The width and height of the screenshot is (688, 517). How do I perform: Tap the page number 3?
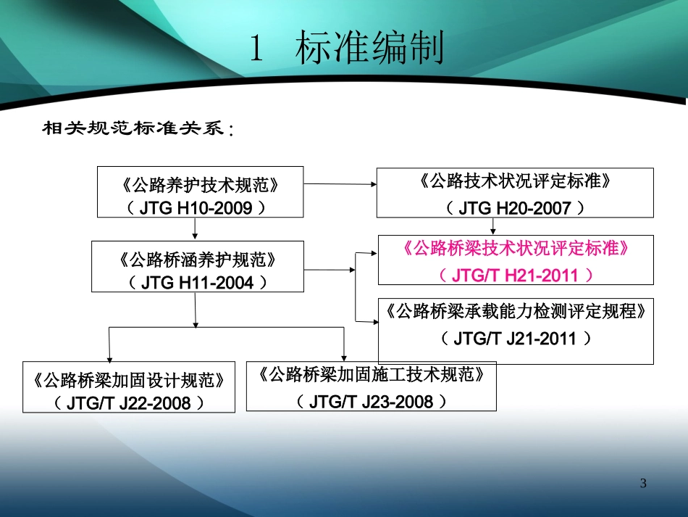(643, 484)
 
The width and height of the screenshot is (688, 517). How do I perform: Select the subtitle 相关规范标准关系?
(138, 129)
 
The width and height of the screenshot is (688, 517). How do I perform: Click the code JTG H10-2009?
(201, 208)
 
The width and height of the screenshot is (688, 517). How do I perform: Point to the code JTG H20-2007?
(515, 208)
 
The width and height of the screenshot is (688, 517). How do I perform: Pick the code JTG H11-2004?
(196, 282)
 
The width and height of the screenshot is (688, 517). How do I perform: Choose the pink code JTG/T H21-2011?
(515, 276)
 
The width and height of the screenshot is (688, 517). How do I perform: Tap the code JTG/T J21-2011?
(515, 339)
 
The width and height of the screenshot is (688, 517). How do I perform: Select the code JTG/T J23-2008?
(371, 402)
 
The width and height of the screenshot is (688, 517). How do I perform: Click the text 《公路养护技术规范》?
(201, 185)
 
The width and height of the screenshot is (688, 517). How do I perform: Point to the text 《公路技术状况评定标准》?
(515, 181)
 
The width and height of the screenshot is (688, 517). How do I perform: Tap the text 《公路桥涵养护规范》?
(196, 259)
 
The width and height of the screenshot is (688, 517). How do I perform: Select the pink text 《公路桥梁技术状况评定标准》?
(515, 249)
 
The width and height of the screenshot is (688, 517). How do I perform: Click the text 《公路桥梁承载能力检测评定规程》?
(515, 312)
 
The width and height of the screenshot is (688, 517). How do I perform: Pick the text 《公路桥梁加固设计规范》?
(129, 379)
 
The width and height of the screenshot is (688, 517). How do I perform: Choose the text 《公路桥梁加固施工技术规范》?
(371, 375)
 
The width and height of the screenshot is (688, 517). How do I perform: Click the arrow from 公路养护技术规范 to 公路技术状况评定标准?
(340, 184)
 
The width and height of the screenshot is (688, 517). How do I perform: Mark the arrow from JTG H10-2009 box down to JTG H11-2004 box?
(196, 229)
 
